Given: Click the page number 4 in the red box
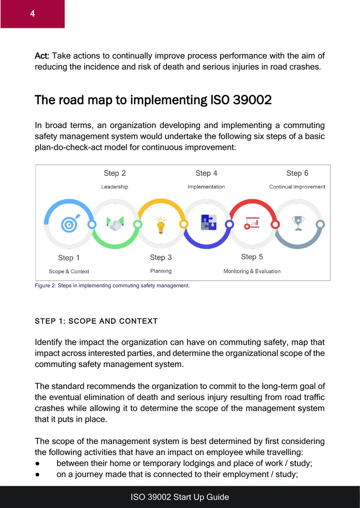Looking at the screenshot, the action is (x=32, y=13).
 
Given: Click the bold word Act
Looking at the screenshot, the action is (x=42, y=56).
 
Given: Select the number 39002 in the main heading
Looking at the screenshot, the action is (x=252, y=100).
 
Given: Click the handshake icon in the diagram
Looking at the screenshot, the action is (x=115, y=223).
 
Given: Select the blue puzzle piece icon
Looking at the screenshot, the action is (x=208, y=222).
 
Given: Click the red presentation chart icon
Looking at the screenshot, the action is (x=252, y=223).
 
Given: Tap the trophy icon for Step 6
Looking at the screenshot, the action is (x=298, y=223).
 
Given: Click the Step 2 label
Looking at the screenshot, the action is (x=114, y=174).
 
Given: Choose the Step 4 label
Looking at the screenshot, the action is (x=206, y=174).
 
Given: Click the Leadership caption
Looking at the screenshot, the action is (x=114, y=187).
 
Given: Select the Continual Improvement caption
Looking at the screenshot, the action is (x=297, y=187).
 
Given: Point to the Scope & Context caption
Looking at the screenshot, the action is (x=69, y=272).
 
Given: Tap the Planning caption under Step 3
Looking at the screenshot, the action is (x=161, y=271).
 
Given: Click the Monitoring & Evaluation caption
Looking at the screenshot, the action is (x=252, y=271).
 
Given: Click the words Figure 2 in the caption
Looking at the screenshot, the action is (x=45, y=285).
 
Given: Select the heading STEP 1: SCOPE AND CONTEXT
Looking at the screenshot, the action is (x=96, y=321).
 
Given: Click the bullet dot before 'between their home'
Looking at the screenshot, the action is (x=38, y=463).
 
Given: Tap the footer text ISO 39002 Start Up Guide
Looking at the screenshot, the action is (x=180, y=497).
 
